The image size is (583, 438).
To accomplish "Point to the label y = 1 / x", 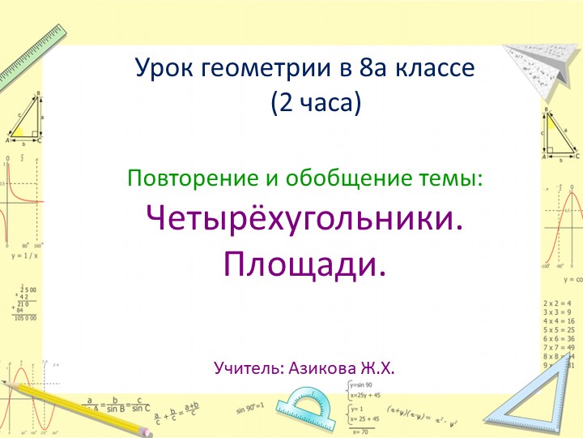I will coord(24,255).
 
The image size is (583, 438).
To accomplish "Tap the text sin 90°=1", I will coord(253,411).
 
